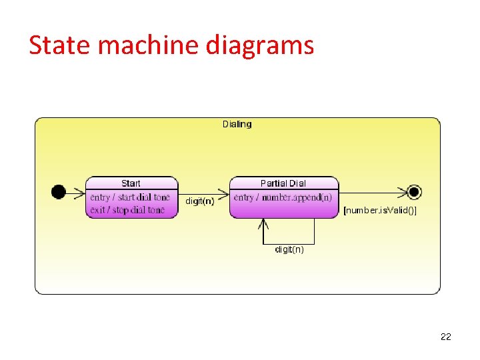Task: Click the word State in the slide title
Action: [x=59, y=45]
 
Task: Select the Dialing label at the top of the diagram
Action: [x=237, y=124]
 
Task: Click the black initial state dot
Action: [x=59, y=192]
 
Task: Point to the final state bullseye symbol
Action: [x=415, y=192]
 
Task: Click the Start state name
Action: [x=131, y=183]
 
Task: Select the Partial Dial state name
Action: [x=283, y=183]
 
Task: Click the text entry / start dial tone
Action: [x=130, y=197]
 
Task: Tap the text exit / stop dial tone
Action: [x=127, y=209]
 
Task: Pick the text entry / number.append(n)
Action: [x=283, y=197]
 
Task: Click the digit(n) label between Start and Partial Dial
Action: [x=200, y=201]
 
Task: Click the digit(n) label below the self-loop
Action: [x=289, y=249]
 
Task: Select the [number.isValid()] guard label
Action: [x=380, y=211]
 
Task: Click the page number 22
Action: [x=446, y=337]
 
